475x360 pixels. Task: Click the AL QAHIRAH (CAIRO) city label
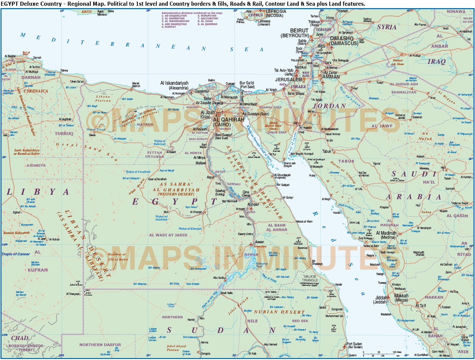point(224,122)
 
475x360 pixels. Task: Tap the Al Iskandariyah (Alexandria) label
point(174,85)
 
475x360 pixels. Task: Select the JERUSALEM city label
point(288,80)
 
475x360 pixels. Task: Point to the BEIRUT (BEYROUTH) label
point(295,33)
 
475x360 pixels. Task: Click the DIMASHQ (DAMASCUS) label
point(344,41)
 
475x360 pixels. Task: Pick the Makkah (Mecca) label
point(401,298)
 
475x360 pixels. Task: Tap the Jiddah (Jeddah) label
point(381,300)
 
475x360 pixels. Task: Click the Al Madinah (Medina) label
point(386,235)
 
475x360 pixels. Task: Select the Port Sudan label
point(354,345)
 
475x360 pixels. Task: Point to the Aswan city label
point(260,242)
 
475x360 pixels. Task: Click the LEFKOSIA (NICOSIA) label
point(276,13)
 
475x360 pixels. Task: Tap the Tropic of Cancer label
point(16,254)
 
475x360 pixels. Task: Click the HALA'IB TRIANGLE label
point(310,278)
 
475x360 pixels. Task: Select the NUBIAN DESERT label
point(279,312)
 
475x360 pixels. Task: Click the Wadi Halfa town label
point(226,293)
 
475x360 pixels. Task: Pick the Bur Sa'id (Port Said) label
point(247,85)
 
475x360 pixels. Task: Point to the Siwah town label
point(92,135)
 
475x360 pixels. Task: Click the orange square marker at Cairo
point(219,114)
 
